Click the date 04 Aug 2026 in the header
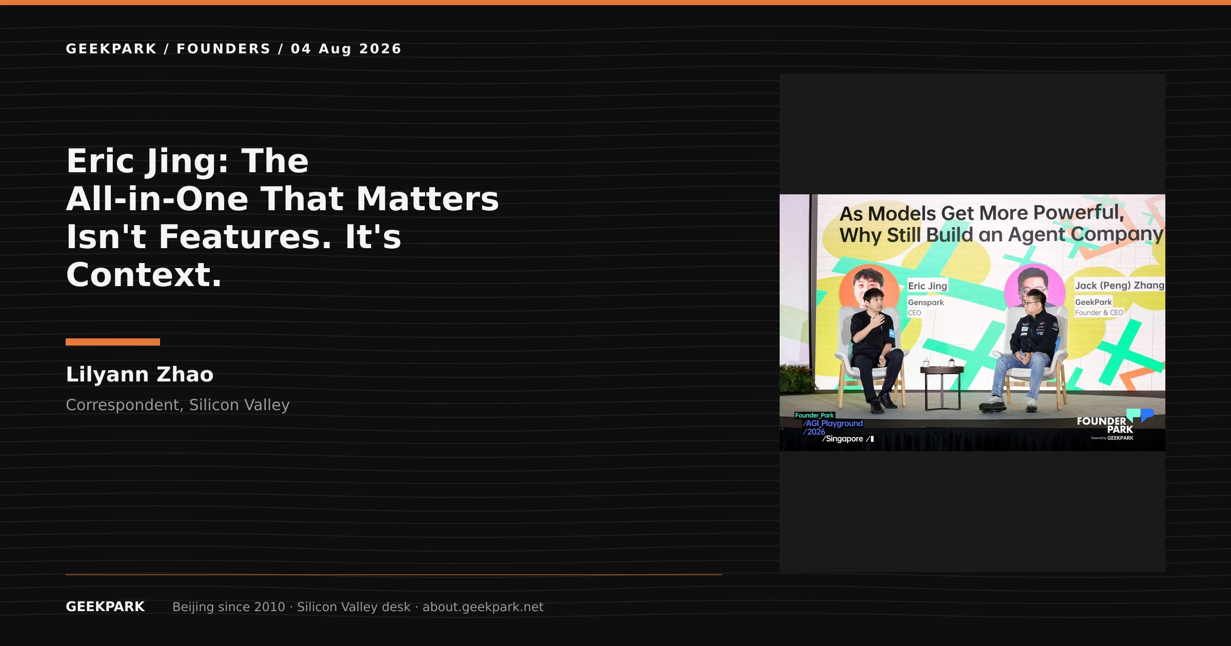[346, 49]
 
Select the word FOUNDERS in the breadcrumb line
[224, 49]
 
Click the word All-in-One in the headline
[157, 199]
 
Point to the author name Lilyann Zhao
[140, 374]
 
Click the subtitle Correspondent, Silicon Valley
[177, 405]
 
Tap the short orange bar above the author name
[113, 342]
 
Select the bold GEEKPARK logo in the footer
[105, 607]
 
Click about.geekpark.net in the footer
[483, 607]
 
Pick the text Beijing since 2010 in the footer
[229, 607]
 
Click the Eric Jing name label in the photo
[927, 286]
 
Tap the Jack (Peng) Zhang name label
[1120, 285]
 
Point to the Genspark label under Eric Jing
[926, 302]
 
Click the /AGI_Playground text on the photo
[833, 423]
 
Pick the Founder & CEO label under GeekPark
[1099, 313]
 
